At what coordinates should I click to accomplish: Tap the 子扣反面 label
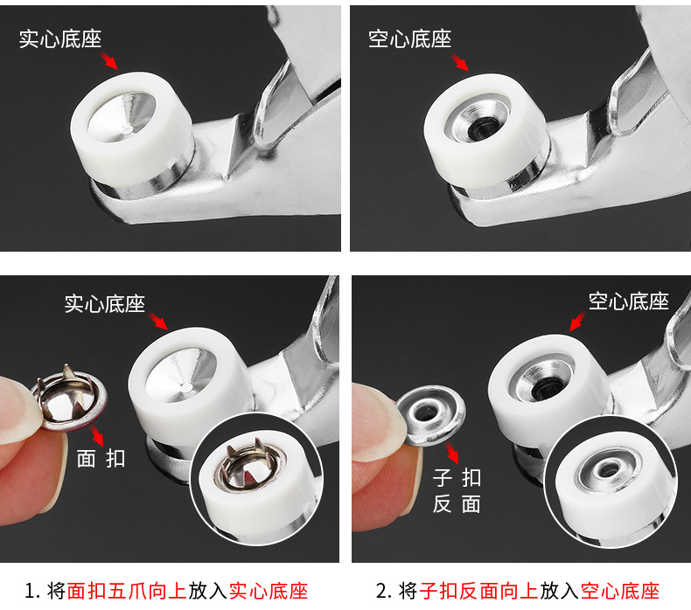457,490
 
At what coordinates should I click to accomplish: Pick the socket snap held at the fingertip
432,413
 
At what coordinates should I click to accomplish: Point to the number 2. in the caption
385,591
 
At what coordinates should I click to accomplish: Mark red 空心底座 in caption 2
619,591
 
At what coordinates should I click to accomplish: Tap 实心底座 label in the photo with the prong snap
104,303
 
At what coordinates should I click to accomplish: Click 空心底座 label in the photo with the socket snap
628,302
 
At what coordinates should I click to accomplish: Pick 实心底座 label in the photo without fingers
60,39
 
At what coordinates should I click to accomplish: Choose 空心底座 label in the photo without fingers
409,38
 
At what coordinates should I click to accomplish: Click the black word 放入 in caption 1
208,591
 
